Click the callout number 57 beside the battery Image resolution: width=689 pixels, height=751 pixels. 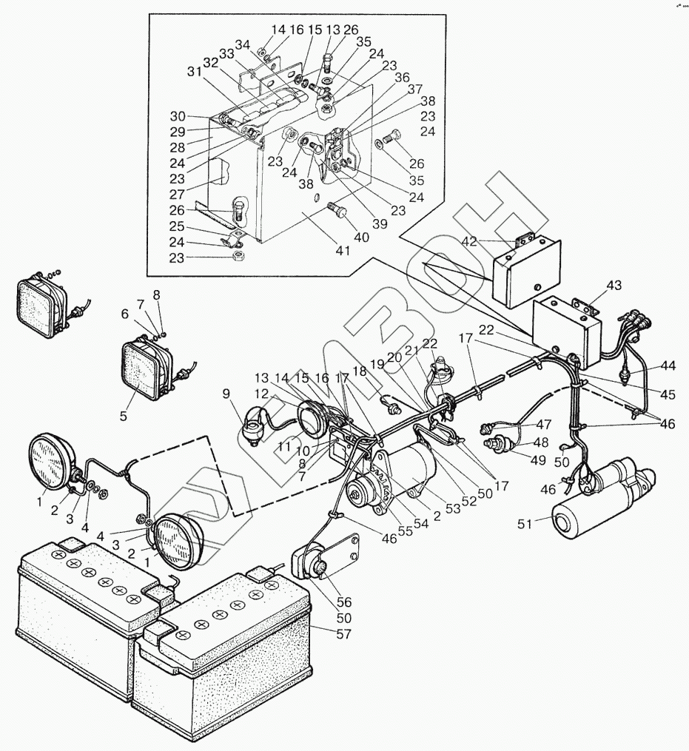tap(343, 634)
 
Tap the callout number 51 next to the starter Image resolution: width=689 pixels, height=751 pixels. tap(525, 524)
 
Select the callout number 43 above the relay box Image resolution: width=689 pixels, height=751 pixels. tap(614, 286)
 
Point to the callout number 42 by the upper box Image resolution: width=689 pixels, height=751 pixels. tap(469, 241)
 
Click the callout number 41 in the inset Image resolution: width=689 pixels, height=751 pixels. tap(343, 250)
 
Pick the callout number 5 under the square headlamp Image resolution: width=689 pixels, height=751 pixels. tap(123, 416)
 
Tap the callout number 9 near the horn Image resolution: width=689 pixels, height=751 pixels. tap(226, 394)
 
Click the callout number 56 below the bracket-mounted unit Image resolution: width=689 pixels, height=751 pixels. tap(344, 602)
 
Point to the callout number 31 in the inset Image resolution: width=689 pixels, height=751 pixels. tap(195, 72)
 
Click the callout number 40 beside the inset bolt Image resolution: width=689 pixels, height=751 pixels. tap(361, 237)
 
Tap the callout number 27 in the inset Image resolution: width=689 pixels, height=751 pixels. tap(178, 195)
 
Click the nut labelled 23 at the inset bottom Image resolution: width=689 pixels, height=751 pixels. tap(237, 256)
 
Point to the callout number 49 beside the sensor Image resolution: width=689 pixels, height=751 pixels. tap(538, 459)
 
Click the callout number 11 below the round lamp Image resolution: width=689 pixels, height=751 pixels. tap(285, 447)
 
